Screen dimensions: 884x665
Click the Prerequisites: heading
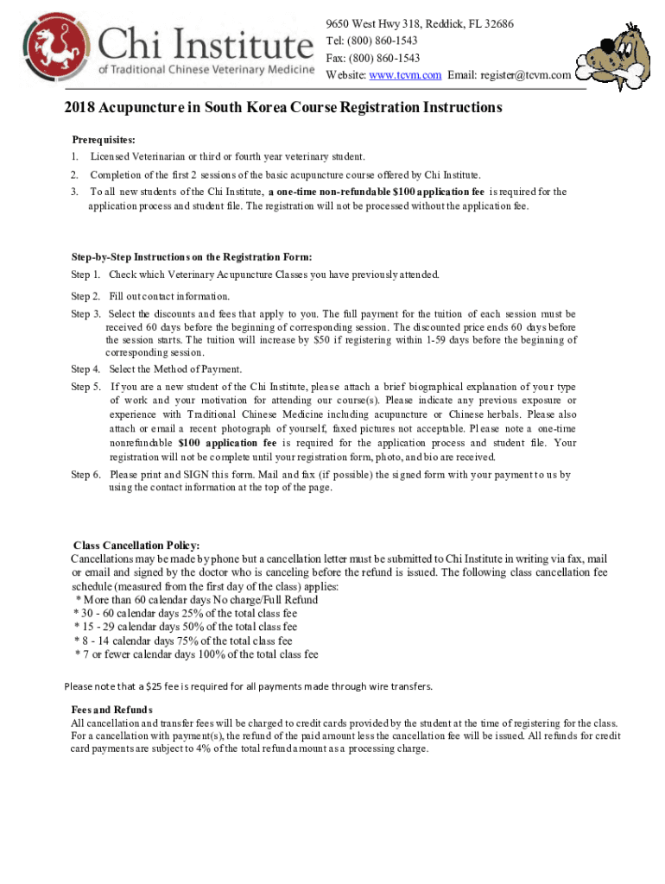[x=104, y=139]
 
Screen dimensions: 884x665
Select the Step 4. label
[x=85, y=369]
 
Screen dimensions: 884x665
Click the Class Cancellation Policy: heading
[x=136, y=546]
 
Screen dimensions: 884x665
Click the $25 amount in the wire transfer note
[x=155, y=686]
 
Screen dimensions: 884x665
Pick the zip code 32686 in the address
[x=495, y=23]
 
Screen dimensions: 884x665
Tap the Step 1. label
[x=85, y=275]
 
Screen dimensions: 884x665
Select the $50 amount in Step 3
[x=313, y=340]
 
